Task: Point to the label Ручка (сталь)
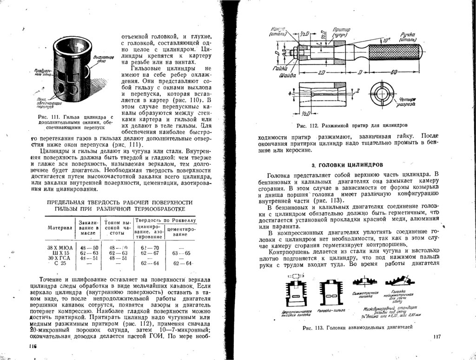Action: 409,37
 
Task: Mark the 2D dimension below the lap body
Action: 321,73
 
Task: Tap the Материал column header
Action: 60,227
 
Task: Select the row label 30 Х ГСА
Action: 59,258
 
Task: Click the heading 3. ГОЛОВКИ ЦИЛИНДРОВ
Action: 347,165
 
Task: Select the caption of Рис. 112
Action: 352,126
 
